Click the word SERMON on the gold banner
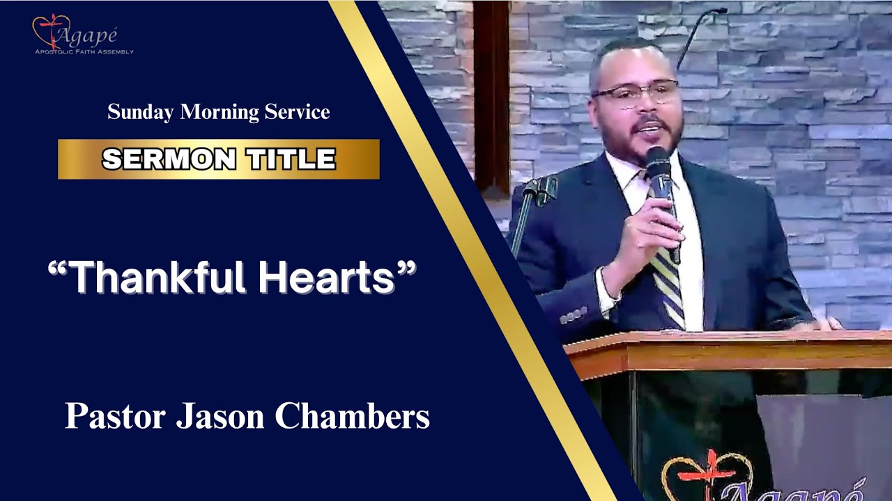tap(169, 159)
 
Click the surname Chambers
tap(352, 416)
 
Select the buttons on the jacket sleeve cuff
tap(573, 317)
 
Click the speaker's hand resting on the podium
tap(822, 324)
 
